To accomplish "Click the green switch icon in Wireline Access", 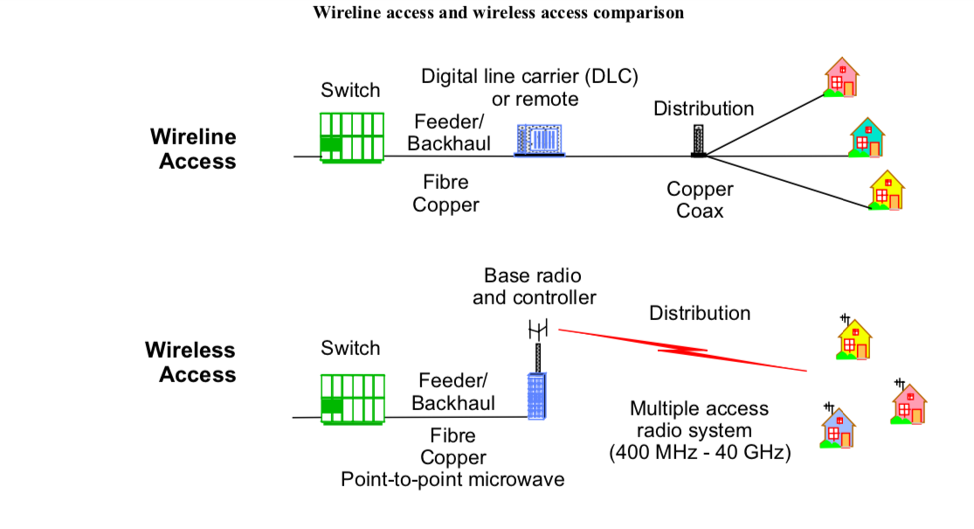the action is (x=351, y=137).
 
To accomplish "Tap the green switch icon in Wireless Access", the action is (x=352, y=399).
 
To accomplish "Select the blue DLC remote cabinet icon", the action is (x=540, y=140).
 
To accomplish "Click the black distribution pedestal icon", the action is (x=698, y=141).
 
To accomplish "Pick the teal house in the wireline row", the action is (x=867, y=137).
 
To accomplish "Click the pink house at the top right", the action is (x=841, y=77).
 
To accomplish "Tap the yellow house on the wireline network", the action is (x=887, y=191).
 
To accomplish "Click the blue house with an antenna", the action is (x=838, y=426).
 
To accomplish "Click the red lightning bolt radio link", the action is (x=682, y=351).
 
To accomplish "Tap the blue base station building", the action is (x=536, y=396).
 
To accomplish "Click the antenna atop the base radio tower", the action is (x=538, y=330).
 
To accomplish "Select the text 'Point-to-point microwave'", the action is (x=452, y=479).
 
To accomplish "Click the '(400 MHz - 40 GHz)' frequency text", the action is (x=700, y=452).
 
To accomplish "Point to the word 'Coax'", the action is (x=700, y=211).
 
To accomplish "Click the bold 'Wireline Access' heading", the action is (x=193, y=149).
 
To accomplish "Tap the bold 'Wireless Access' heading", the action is (x=190, y=362).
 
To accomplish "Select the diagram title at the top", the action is (x=498, y=12).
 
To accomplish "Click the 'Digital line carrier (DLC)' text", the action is (x=530, y=76).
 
